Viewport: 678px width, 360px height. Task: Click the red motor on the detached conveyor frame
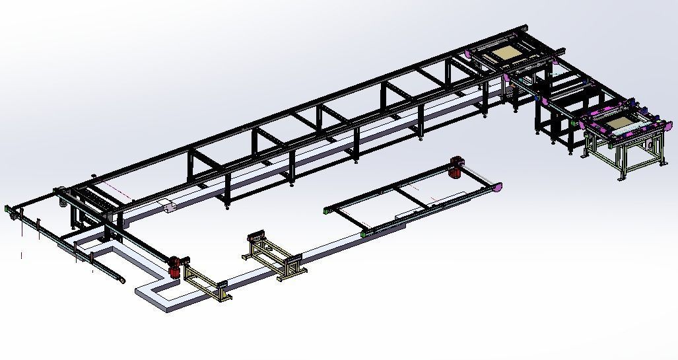tap(455, 166)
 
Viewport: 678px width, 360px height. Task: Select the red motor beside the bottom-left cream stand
tap(175, 266)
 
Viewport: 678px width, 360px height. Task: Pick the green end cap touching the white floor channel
tap(365, 233)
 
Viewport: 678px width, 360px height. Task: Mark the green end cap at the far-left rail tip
tap(9, 209)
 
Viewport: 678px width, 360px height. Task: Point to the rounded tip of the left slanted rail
tap(123, 279)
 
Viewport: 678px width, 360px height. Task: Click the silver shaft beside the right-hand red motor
tap(475, 176)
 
